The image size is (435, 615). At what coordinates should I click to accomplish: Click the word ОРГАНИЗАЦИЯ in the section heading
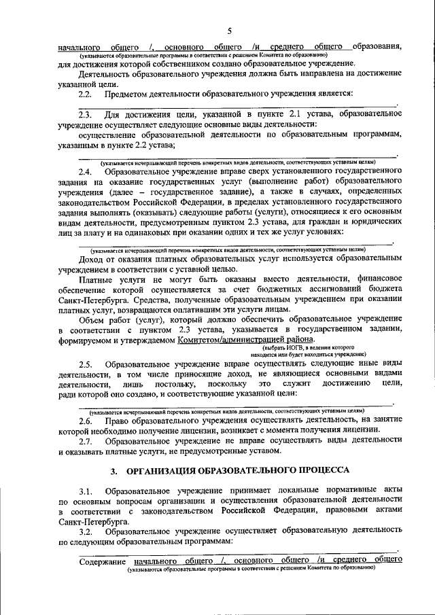(167, 470)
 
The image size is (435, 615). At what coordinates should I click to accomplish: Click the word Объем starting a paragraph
(93, 319)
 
